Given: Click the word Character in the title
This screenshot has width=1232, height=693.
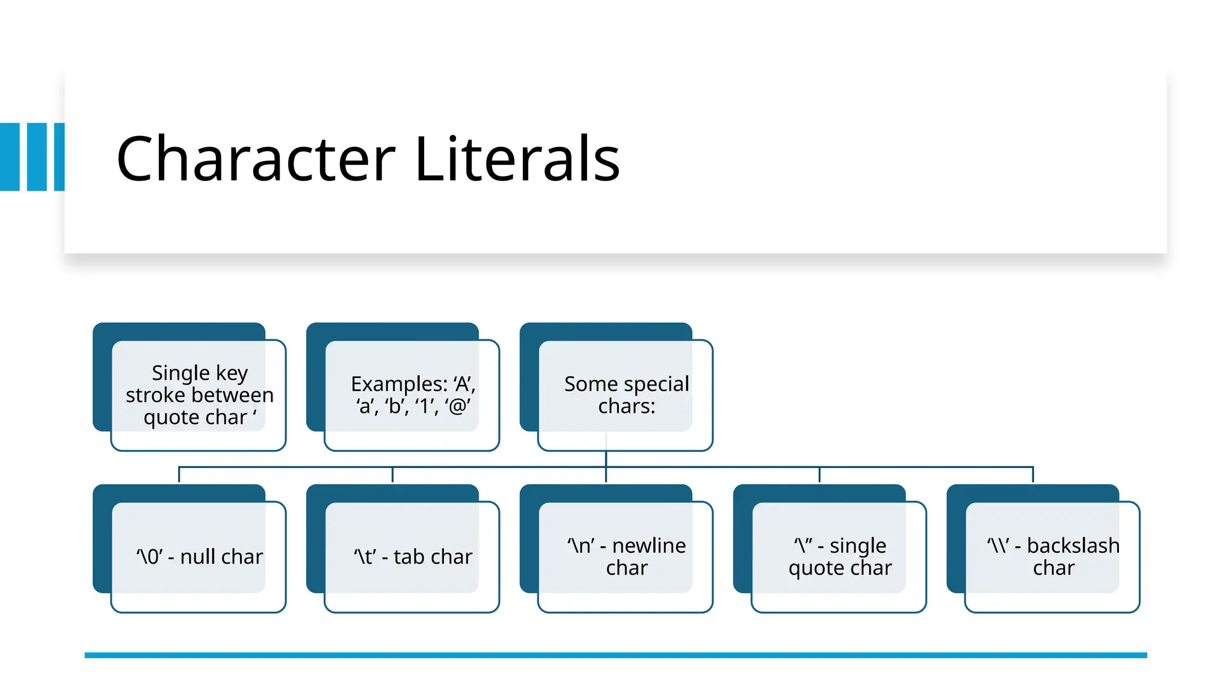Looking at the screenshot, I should coord(256,159).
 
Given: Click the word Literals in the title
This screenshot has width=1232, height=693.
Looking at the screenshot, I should coord(517,159).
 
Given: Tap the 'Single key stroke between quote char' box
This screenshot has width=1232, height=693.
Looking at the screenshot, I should coord(199,395).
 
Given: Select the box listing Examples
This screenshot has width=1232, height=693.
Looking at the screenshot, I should coord(412,395).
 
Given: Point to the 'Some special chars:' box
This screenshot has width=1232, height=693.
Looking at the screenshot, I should coord(626,395).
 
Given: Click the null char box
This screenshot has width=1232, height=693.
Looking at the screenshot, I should coord(199,557).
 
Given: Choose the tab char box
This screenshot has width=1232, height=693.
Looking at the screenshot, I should coord(412,557).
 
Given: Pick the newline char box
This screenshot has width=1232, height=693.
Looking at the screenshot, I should coord(626,557).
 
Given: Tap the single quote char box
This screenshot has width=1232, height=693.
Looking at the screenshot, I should coord(839,557).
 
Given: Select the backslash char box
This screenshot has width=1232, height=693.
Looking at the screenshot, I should coord(1053,557).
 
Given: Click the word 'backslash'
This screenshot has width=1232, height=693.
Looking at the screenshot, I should coord(1073,546).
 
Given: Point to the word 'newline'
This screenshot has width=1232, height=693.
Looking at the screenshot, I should coord(649,546).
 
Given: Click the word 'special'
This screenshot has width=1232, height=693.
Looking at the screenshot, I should coord(656,384).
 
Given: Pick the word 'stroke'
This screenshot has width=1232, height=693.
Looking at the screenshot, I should coord(155,395).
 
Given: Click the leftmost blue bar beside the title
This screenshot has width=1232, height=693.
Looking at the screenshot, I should coord(10,157).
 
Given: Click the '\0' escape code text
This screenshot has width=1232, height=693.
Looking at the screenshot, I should coord(149,557).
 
